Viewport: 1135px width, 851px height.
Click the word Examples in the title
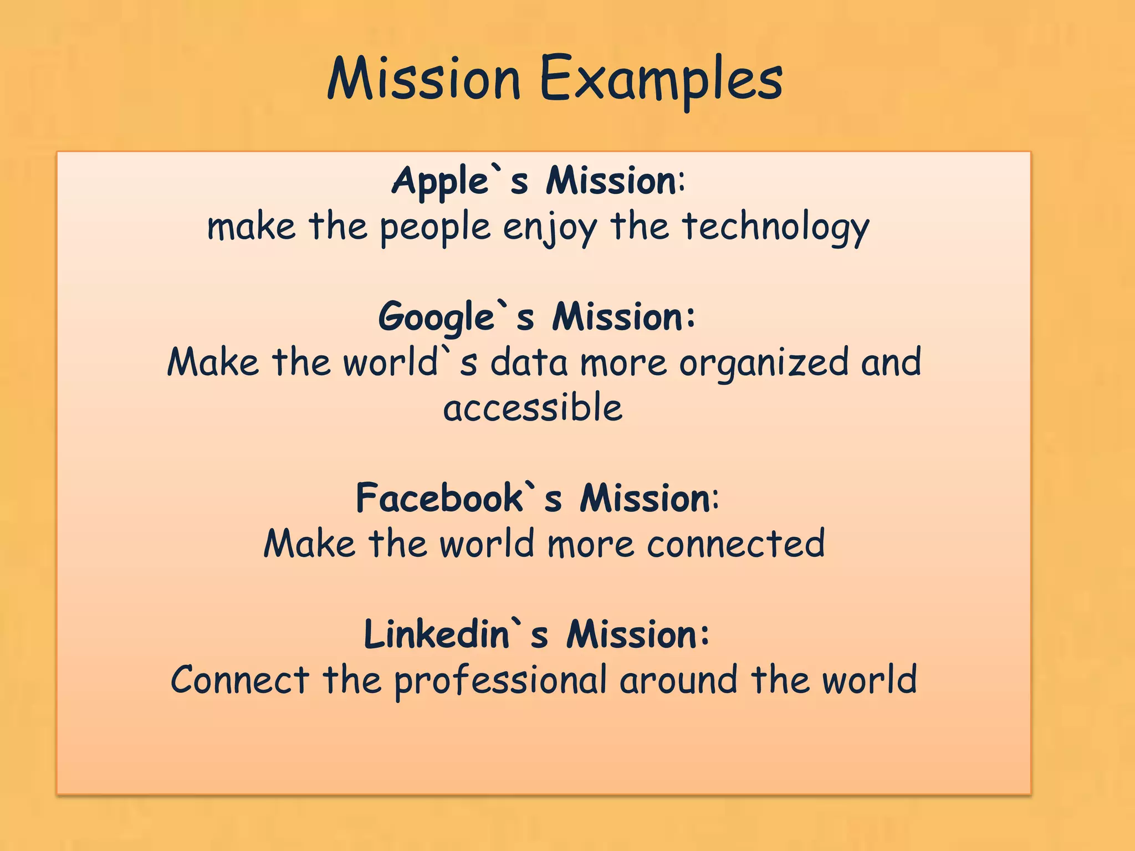point(661,80)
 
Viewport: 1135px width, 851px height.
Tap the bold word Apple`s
point(459,181)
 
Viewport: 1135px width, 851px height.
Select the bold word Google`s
point(456,317)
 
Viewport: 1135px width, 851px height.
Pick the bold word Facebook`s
point(458,498)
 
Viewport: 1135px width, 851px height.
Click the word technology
point(775,228)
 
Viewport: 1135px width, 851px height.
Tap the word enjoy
point(550,228)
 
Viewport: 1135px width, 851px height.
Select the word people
point(435,228)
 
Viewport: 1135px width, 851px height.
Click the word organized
point(764,363)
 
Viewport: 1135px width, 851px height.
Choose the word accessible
point(533,408)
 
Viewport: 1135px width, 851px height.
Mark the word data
point(529,363)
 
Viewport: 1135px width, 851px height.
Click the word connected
point(736,544)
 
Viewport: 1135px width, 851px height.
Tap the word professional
point(500,680)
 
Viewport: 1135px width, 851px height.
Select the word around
point(678,680)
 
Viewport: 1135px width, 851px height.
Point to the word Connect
point(240,680)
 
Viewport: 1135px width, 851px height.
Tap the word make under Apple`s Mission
point(251,228)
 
